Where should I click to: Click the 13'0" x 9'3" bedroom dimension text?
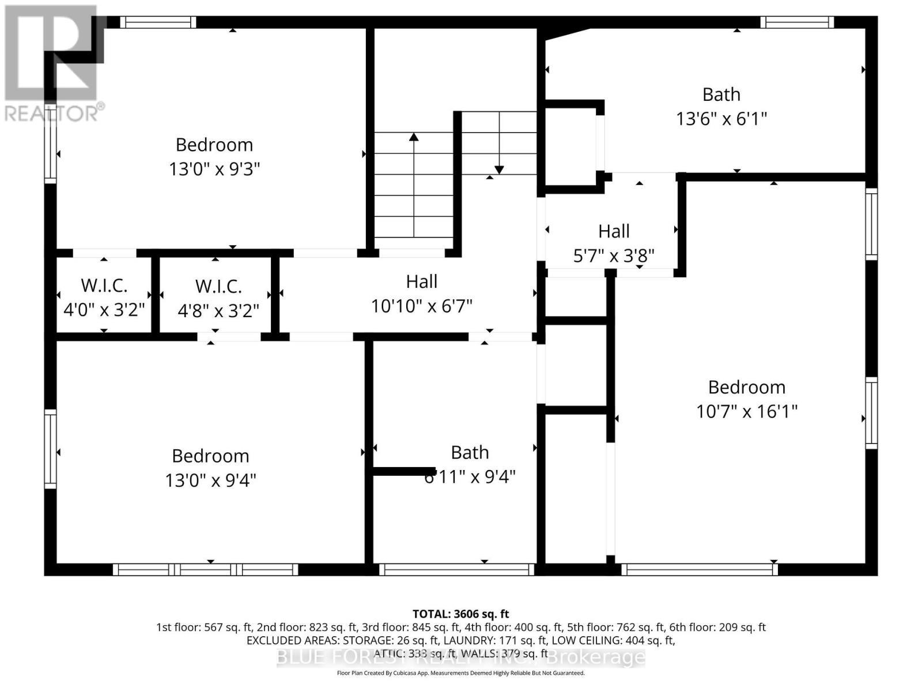(x=214, y=169)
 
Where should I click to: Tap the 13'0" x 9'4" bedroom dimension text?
(x=210, y=480)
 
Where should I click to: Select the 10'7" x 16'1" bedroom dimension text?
(x=746, y=411)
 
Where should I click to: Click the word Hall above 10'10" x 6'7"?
(x=422, y=281)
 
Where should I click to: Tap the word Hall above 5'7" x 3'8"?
(x=614, y=231)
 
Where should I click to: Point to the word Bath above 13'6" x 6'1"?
(x=721, y=94)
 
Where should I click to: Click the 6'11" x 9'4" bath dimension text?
(x=470, y=477)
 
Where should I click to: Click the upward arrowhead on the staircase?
(x=414, y=137)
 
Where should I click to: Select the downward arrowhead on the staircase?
(x=499, y=170)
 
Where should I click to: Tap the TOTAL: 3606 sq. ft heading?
(x=460, y=614)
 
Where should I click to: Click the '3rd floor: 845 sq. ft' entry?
(x=410, y=627)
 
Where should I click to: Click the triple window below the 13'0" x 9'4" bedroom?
(x=205, y=570)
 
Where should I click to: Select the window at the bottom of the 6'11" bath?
(x=456, y=570)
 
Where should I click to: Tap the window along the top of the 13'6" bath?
(x=797, y=22)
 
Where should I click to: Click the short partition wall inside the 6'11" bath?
(x=403, y=471)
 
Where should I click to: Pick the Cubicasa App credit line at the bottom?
(x=460, y=673)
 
